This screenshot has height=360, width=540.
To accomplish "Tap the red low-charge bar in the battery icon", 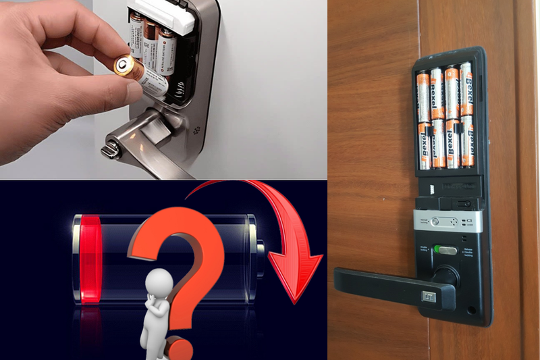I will (90, 259).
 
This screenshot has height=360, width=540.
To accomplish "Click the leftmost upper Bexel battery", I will (424, 95).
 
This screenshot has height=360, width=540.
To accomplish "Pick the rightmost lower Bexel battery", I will (466, 144).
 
